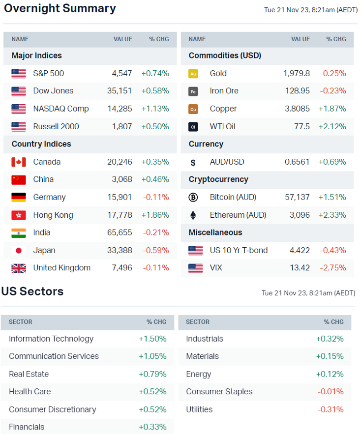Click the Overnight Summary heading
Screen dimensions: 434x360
(x=60, y=8)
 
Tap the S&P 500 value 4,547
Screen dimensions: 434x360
(x=122, y=73)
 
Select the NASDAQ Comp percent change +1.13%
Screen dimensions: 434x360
(x=155, y=109)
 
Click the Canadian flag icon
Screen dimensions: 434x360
(x=19, y=162)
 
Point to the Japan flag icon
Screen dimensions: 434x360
(x=19, y=250)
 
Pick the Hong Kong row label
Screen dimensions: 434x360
(x=53, y=215)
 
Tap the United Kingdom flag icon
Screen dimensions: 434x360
(x=19, y=268)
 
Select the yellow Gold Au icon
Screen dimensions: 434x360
(x=193, y=74)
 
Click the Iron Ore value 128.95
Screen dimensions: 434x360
(x=298, y=91)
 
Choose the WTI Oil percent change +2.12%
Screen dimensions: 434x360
(x=332, y=126)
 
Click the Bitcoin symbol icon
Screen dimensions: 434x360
(x=193, y=197)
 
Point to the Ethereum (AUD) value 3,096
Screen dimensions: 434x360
(x=300, y=215)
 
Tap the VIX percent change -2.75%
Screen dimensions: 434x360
(x=333, y=268)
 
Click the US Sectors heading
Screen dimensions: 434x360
(x=32, y=291)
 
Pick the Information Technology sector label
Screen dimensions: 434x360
(x=51, y=339)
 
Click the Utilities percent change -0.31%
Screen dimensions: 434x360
(x=330, y=409)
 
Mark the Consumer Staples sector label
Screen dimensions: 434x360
(x=219, y=392)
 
